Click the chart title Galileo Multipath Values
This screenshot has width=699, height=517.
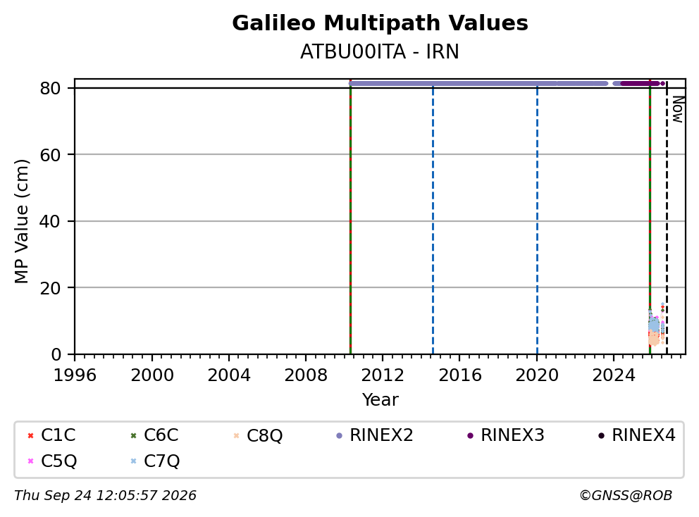coord(380,23)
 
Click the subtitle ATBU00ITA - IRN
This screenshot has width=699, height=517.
coord(379,51)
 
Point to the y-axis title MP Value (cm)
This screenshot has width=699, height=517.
coord(21,221)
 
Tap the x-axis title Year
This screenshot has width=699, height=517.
coord(380,399)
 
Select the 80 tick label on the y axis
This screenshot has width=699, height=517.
coord(50,88)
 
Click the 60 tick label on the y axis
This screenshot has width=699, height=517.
coord(50,155)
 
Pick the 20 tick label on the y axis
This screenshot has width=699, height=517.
coord(50,288)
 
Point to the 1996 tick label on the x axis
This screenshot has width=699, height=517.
coord(75,375)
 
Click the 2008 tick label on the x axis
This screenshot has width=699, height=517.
coord(306,375)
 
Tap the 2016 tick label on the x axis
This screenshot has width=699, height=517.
coord(460,375)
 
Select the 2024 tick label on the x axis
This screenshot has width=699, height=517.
coord(614,375)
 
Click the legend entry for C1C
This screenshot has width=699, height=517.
coord(51,435)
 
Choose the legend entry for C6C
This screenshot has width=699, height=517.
coord(154,435)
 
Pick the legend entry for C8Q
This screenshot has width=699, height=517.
coord(258,435)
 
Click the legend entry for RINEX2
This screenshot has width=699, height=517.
coord(374,435)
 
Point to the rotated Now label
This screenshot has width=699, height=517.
coord(678,110)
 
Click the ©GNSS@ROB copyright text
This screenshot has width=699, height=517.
coord(626,495)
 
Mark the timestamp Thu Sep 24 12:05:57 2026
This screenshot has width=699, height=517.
coord(105,495)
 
